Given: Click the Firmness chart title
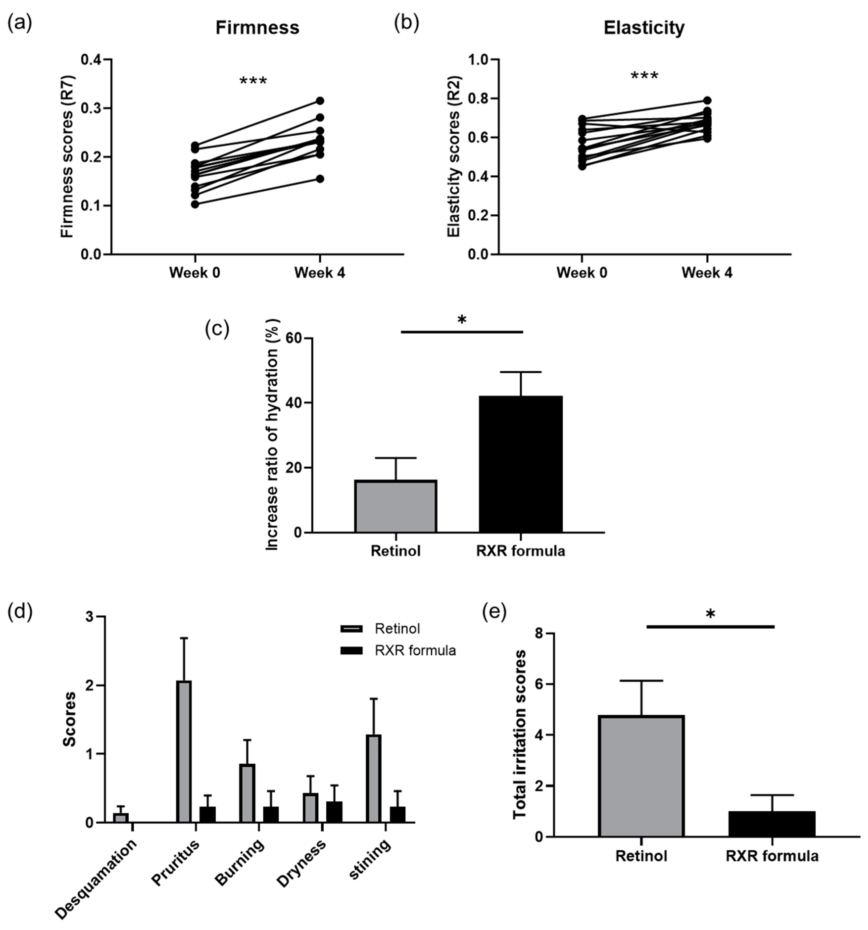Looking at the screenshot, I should (x=257, y=28).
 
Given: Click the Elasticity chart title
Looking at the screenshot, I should (x=644, y=28).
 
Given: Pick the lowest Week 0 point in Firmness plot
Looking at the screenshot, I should (x=195, y=204).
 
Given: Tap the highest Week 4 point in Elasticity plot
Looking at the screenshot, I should (x=707, y=100).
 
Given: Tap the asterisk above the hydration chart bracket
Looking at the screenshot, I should (x=462, y=320).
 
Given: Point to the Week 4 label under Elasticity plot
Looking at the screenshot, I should (x=707, y=273).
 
